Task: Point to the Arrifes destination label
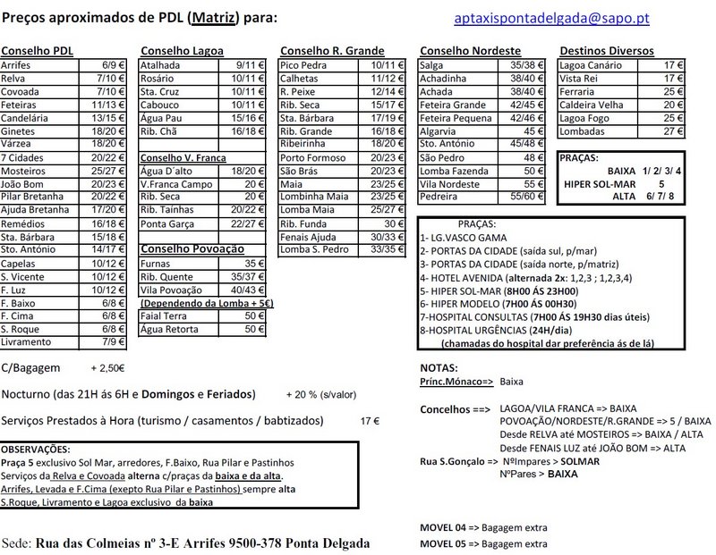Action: [17, 65]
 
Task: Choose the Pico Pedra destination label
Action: [303, 65]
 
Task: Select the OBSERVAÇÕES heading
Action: [37, 449]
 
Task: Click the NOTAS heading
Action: [439, 367]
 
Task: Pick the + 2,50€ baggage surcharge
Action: [107, 367]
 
